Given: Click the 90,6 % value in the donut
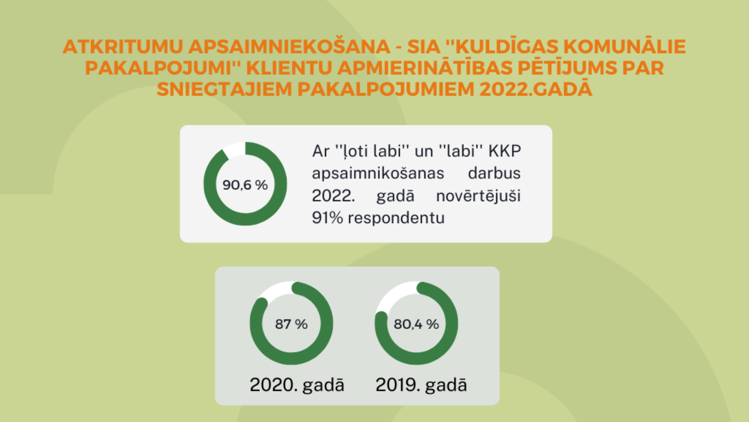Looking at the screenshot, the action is tap(245, 185).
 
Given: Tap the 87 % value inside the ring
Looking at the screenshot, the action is tap(291, 324).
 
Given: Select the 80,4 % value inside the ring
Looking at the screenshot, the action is tap(416, 324).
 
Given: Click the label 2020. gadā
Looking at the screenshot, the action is tap(297, 384).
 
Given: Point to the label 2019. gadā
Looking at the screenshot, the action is tap(421, 384).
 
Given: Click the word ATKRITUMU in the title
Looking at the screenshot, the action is tap(123, 46).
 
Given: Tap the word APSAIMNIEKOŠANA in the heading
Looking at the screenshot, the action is tap(289, 46).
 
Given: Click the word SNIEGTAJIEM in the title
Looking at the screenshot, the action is tap(224, 89).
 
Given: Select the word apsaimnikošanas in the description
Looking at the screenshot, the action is tap(378, 173).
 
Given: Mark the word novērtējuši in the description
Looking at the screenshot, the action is tap(478, 196).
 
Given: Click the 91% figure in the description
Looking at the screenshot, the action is tap(327, 218).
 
